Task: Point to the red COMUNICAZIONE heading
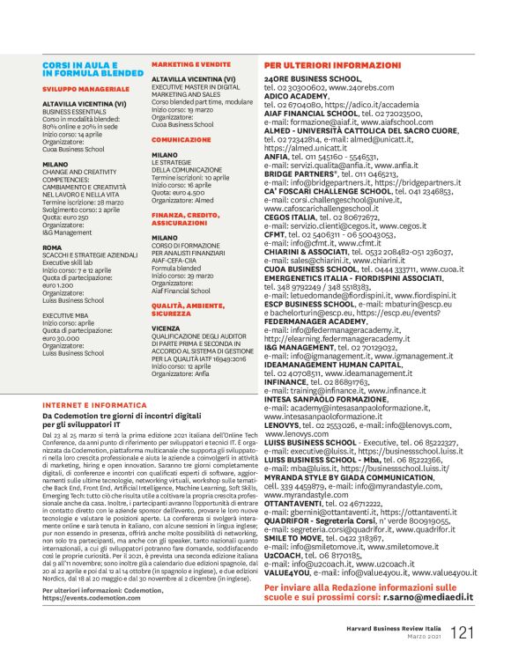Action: click(x=181, y=139)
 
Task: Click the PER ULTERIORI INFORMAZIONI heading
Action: click(x=329, y=66)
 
